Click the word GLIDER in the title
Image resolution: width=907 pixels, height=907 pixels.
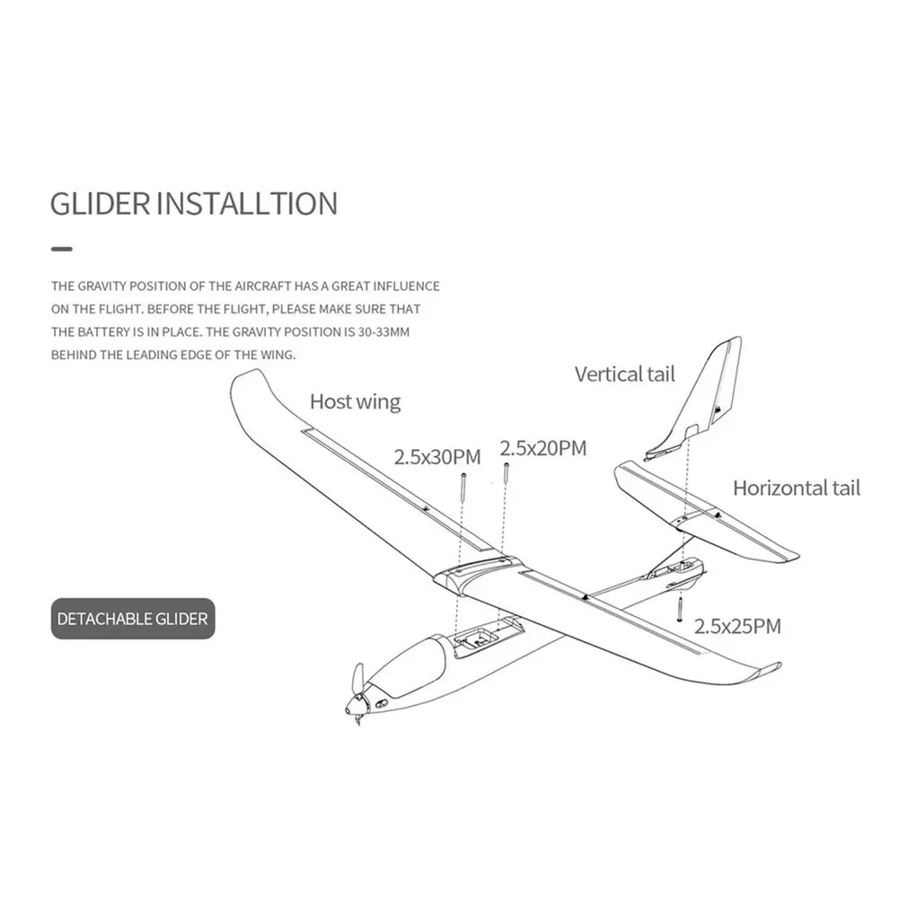pyautogui.click(x=100, y=203)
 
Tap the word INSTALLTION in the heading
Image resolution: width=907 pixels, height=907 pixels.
pyautogui.click(x=247, y=203)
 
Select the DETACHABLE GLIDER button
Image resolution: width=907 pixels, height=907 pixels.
pyautogui.click(x=133, y=618)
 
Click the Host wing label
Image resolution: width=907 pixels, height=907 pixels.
pyautogui.click(x=355, y=401)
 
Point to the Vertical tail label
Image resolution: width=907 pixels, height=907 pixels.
pyautogui.click(x=624, y=374)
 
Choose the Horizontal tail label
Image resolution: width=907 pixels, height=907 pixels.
pyautogui.click(x=796, y=488)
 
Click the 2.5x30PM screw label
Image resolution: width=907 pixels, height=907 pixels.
pyautogui.click(x=437, y=457)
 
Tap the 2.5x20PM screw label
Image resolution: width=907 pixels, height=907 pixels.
pyautogui.click(x=542, y=447)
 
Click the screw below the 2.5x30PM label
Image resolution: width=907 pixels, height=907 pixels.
pyautogui.click(x=462, y=489)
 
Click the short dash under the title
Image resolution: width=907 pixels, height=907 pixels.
pyautogui.click(x=61, y=248)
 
